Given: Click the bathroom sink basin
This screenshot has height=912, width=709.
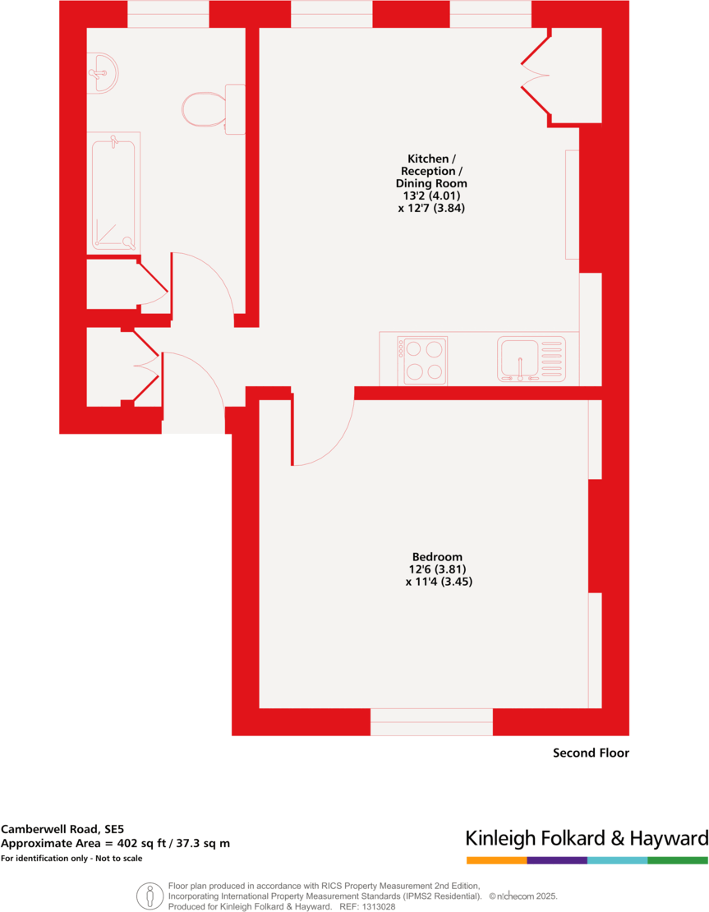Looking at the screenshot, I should [103, 72].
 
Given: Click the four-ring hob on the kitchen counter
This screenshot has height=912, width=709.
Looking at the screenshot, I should [425, 361].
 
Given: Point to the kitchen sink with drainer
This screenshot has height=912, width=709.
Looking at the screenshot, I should [532, 361].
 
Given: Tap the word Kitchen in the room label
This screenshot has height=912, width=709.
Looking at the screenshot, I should [428, 158].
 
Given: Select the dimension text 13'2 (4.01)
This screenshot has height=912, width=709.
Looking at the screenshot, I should [431, 196].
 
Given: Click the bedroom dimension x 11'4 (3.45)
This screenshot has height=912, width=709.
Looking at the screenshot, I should [439, 582].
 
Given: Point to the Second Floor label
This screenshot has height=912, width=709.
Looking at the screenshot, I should [590, 753].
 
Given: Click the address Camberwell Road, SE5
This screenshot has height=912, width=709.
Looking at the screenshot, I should [62, 829].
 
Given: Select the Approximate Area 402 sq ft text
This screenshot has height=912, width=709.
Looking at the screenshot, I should [115, 844].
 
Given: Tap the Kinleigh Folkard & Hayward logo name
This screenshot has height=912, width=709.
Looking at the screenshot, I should [587, 839].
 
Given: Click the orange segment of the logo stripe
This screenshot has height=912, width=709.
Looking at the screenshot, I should [496, 860].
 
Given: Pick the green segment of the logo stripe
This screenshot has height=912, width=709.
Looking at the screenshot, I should [677, 860].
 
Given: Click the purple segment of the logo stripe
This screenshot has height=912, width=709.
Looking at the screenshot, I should [557, 860].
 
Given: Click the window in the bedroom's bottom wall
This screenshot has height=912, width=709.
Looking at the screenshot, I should [431, 722].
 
